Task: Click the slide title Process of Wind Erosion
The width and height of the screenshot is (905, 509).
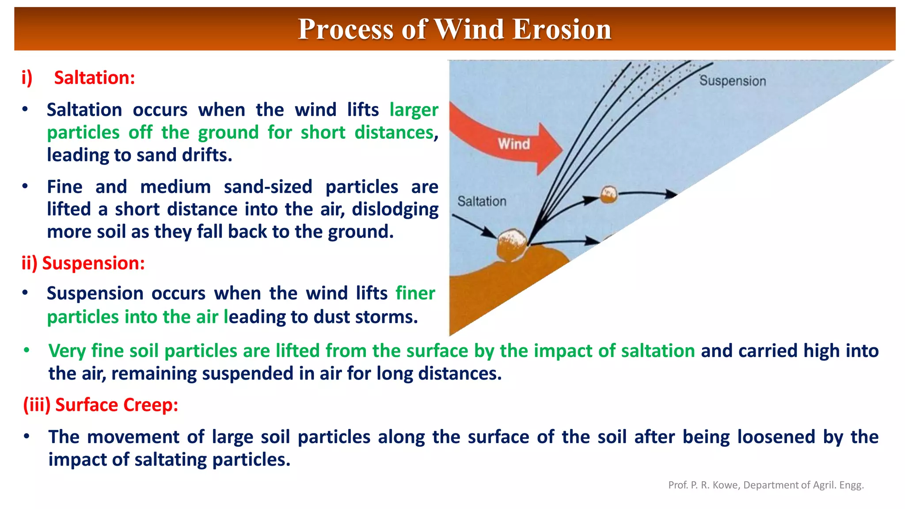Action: coord(454,29)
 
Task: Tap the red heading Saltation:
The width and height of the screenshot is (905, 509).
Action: coord(94,78)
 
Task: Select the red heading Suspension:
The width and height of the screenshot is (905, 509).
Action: coord(93,263)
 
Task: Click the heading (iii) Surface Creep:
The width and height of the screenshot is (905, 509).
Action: coord(101,405)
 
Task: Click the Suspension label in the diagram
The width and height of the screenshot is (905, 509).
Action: coord(732,81)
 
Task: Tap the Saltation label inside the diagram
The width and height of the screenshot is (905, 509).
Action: coord(482,201)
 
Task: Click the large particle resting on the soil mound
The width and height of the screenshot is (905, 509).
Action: coord(511,246)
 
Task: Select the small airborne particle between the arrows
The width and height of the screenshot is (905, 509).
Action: coord(608,194)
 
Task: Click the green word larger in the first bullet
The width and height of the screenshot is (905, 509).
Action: coord(414,110)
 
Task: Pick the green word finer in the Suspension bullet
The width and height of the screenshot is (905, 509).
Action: coord(415,293)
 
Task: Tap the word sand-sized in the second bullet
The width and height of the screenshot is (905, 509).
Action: coord(268,187)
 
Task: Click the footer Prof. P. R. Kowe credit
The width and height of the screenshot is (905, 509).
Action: coord(765,485)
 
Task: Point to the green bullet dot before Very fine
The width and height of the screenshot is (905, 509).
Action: coord(27,350)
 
